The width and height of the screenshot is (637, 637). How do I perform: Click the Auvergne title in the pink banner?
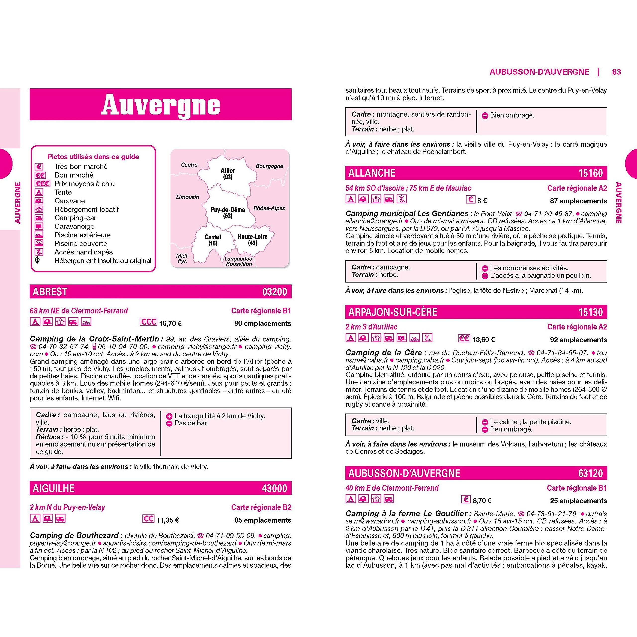[160, 105]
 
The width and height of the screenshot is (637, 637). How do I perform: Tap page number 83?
[616, 72]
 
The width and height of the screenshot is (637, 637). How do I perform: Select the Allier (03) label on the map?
[227, 174]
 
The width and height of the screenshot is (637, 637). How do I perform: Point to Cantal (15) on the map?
[213, 240]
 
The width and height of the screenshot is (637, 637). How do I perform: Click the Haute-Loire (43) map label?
[252, 240]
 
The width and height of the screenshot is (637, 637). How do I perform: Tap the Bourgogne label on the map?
[269, 166]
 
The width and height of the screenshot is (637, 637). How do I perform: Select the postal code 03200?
[275, 292]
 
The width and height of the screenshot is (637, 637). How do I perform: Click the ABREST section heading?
[50, 292]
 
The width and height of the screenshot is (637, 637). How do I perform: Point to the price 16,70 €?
[170, 323]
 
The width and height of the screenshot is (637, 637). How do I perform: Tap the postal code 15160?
[590, 173]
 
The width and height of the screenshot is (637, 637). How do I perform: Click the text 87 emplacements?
[578, 201]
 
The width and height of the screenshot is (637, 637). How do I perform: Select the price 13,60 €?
[483, 340]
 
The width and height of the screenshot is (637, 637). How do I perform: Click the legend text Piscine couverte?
[81, 243]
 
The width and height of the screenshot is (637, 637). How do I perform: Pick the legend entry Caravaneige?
[74, 226]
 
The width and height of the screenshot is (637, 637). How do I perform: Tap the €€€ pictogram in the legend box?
[42, 184]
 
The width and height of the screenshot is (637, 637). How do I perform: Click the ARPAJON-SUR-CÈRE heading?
[392, 312]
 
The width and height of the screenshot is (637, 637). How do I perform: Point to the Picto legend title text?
[93, 157]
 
